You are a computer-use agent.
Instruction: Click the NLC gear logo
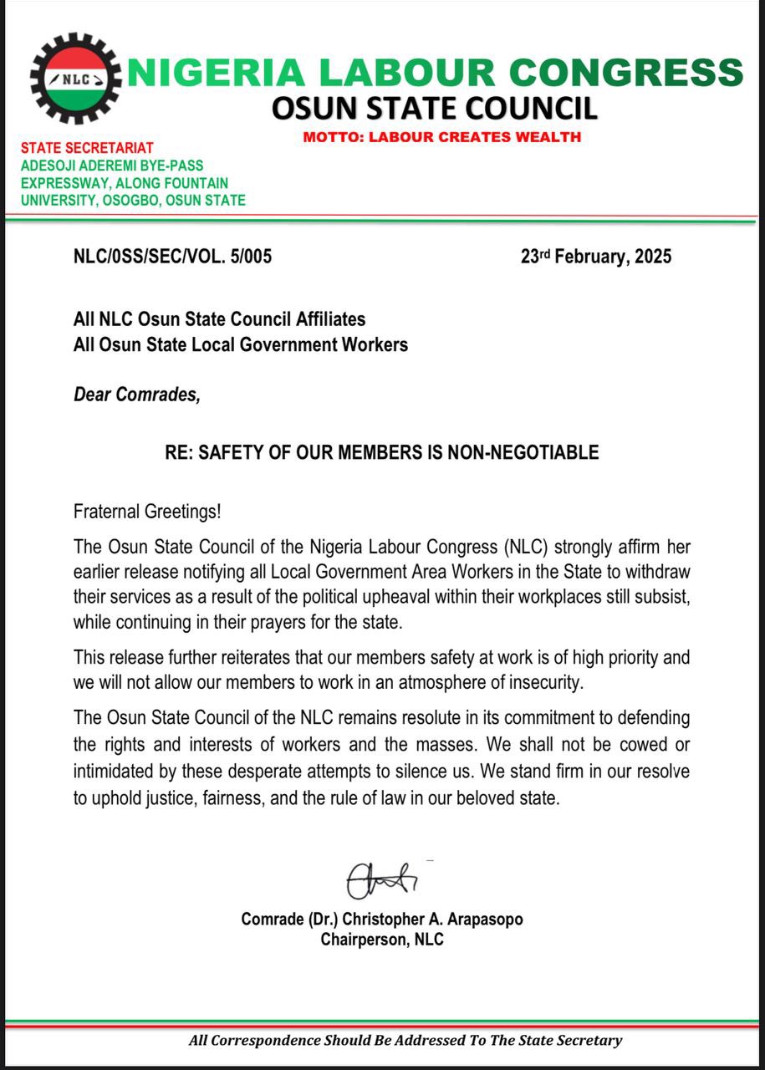pyautogui.click(x=75, y=79)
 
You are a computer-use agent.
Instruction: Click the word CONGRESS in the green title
pyautogui.click(x=626, y=73)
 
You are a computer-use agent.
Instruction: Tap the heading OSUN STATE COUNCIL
pyautogui.click(x=436, y=109)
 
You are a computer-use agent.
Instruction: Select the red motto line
pyautogui.click(x=442, y=137)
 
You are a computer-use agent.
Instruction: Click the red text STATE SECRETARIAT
pyautogui.click(x=87, y=149)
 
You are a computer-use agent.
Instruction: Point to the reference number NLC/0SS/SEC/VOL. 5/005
pyautogui.click(x=172, y=257)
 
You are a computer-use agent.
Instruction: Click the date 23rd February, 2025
pyautogui.click(x=596, y=257)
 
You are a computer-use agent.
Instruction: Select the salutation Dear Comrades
pyautogui.click(x=137, y=395)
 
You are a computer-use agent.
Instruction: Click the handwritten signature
pyautogui.click(x=382, y=879)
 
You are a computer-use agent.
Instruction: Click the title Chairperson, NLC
pyautogui.click(x=382, y=940)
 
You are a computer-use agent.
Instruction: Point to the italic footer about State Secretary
pyautogui.click(x=405, y=1041)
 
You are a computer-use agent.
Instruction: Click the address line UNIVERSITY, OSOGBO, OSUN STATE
pyautogui.click(x=133, y=201)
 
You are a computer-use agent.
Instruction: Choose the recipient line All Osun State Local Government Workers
pyautogui.click(x=241, y=344)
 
